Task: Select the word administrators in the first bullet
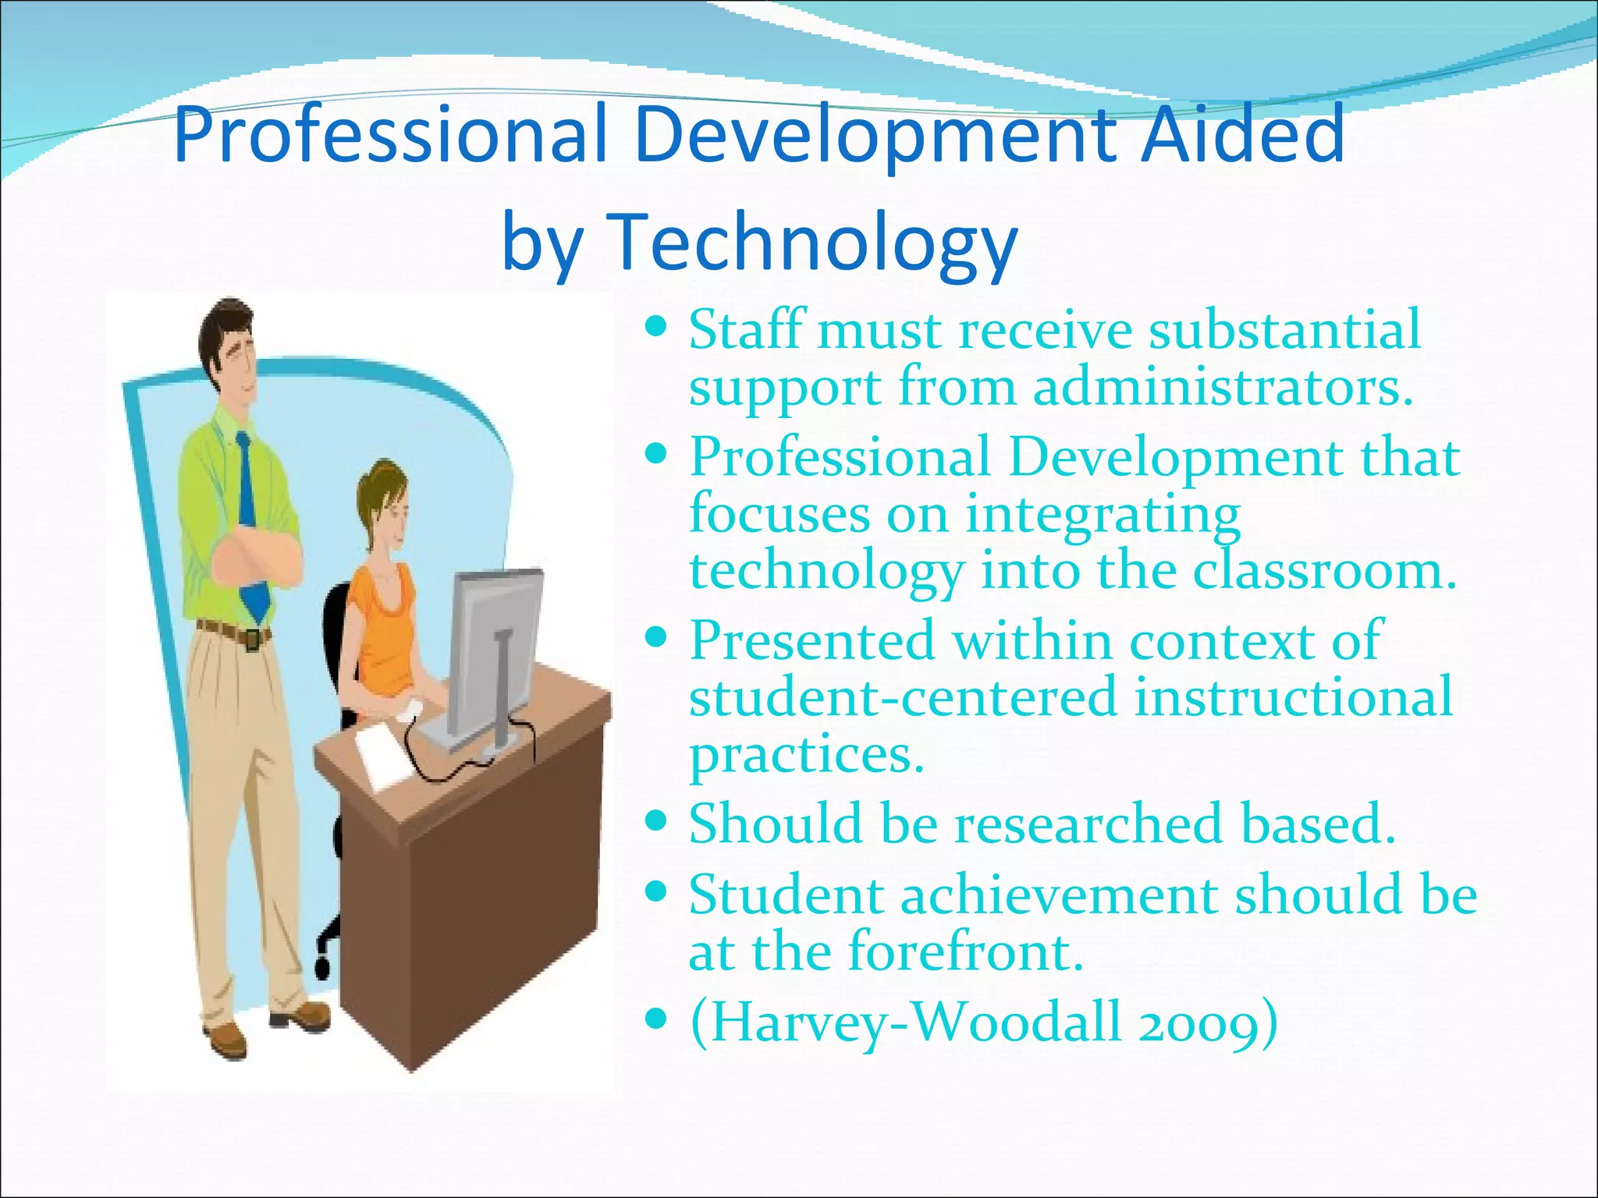point(1223,387)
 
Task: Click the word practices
point(806,754)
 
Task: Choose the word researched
point(1088,824)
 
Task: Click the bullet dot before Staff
point(658,324)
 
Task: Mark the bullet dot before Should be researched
point(658,821)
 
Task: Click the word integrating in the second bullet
point(1102,515)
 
